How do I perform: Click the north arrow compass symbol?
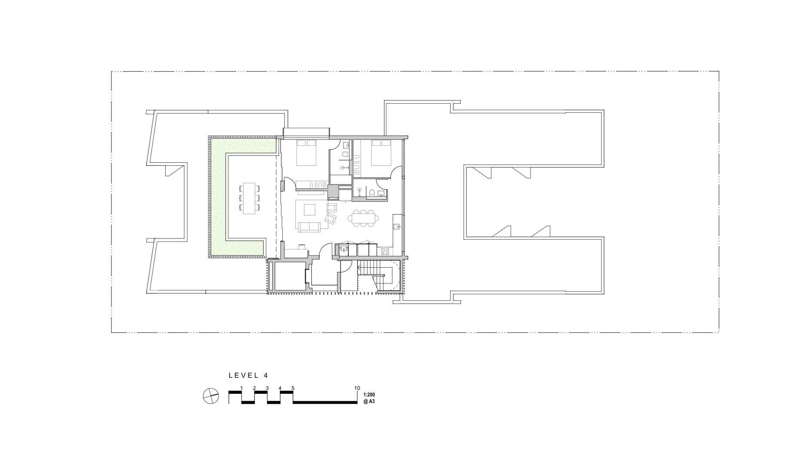click(x=210, y=396)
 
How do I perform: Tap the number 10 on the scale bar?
click(x=357, y=388)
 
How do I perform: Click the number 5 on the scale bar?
click(x=293, y=388)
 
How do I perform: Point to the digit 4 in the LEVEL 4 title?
click(x=265, y=375)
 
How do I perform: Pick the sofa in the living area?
click(x=309, y=227)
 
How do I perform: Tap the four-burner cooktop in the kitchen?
click(x=385, y=251)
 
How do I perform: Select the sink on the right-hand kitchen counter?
click(x=397, y=226)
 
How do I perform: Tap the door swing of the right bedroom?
click(x=397, y=173)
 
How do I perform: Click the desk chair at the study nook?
click(x=301, y=247)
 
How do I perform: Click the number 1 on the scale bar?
click(x=241, y=388)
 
